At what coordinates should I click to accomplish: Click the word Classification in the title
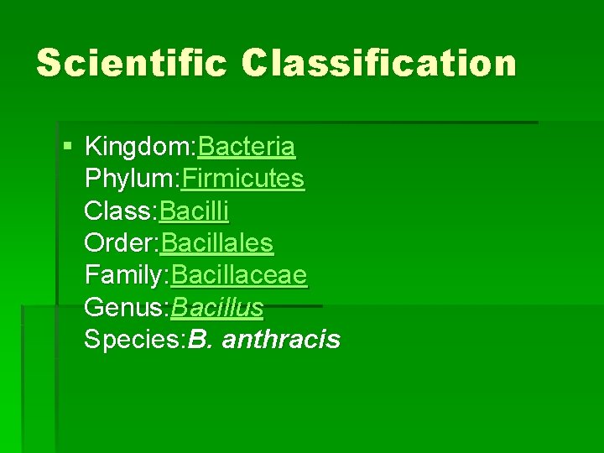pyautogui.click(x=379, y=63)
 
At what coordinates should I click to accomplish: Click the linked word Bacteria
pyautogui.click(x=246, y=148)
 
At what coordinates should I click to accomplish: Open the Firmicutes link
pyautogui.click(x=242, y=180)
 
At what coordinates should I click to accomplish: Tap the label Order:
pyautogui.click(x=122, y=243)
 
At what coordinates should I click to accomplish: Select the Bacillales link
pyautogui.click(x=217, y=243)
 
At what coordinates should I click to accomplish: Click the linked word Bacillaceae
pyautogui.click(x=239, y=275)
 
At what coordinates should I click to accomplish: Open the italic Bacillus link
pyautogui.click(x=217, y=307)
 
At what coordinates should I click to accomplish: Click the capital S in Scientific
pyautogui.click(x=49, y=63)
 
